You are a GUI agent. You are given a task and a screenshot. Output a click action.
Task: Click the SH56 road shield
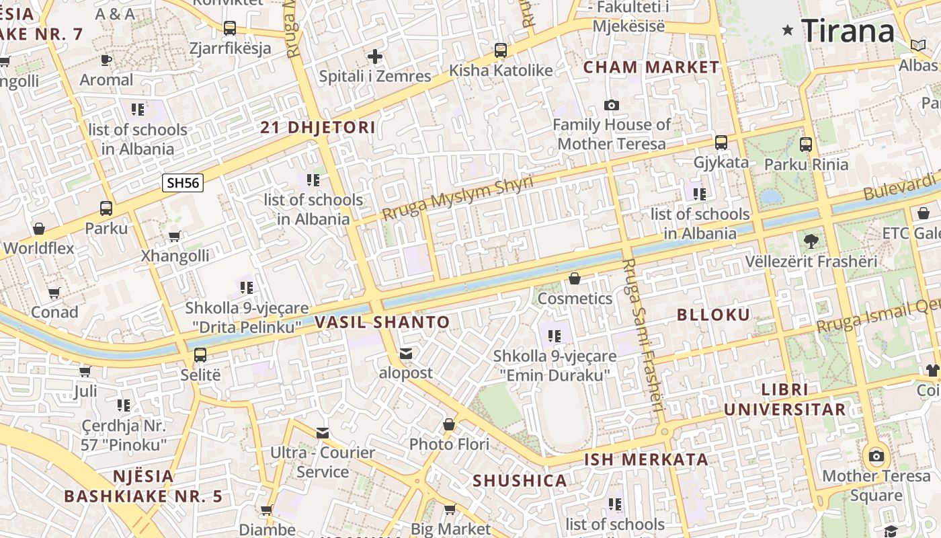coord(183,182)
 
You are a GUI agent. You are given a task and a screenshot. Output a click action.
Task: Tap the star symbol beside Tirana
coord(788,30)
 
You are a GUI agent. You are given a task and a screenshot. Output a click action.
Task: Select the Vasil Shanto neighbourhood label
coord(382,321)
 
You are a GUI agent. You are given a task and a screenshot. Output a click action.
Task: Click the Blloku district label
coord(713,314)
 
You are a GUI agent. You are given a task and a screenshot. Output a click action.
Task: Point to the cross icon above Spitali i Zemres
coord(375,56)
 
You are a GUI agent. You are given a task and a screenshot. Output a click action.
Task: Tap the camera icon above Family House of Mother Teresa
coord(611,105)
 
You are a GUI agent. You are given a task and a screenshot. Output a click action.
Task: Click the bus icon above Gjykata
coord(721,143)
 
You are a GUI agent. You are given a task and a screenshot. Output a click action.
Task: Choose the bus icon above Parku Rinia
coord(806,144)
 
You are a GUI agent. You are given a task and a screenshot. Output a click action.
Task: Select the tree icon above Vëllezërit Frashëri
coord(811,241)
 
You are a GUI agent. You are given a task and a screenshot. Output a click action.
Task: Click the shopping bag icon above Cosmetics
coord(575,278)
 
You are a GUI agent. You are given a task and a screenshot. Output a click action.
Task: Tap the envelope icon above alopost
coord(406,353)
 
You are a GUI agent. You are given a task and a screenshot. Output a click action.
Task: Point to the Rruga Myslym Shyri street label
coord(457,198)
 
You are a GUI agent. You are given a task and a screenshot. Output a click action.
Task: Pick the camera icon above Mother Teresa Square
coord(876,456)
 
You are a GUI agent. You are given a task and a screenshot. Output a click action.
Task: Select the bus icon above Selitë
coord(200,355)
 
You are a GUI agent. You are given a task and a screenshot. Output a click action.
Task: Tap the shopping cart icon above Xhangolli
coord(175,236)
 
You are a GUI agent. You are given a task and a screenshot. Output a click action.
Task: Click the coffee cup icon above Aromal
coord(106,60)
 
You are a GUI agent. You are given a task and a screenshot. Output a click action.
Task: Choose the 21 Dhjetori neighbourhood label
coord(318,127)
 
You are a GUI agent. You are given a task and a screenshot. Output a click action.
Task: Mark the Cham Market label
coord(651,67)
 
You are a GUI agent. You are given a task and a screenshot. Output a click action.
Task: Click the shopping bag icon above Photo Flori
coord(449,424)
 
